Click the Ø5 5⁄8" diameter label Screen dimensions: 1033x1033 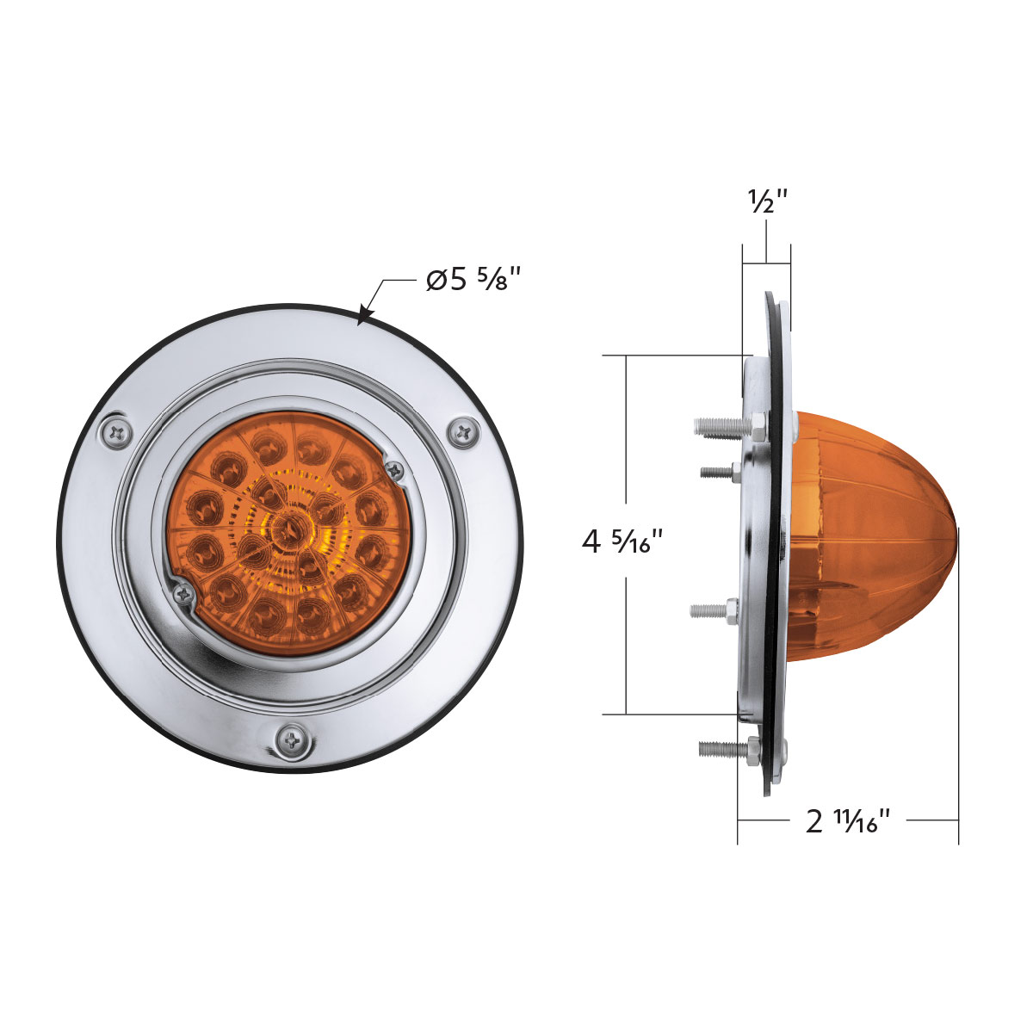pos(473,280)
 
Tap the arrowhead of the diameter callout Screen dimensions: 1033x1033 pos(364,318)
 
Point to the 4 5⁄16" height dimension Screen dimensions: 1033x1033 pos(623,542)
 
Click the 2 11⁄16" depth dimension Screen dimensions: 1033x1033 pos(847,821)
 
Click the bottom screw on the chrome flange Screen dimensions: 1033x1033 pos(293,739)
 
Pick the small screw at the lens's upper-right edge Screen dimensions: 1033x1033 pos(394,469)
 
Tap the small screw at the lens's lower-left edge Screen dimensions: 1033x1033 pos(183,592)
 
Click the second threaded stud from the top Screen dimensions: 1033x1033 pos(719,470)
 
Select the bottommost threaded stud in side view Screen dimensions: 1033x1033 pos(721,749)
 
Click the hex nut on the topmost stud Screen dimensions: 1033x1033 pos(758,424)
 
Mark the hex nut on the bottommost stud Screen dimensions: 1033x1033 pos(754,750)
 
